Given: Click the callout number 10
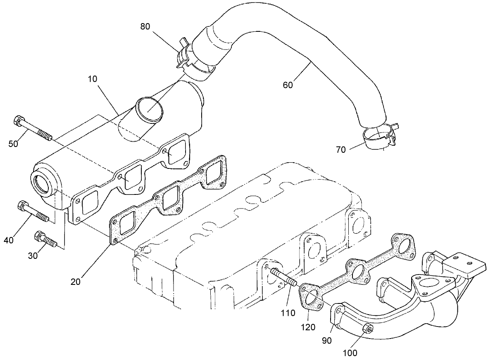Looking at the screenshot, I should pyautogui.click(x=92, y=78).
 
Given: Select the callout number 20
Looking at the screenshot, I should pyautogui.click(x=75, y=282).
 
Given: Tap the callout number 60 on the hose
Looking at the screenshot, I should pyautogui.click(x=288, y=85).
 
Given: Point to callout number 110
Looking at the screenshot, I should pyautogui.click(x=288, y=313).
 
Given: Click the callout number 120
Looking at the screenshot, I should pyautogui.click(x=308, y=327).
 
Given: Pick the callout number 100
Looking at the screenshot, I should pyautogui.click(x=350, y=353).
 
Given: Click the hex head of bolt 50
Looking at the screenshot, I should pyautogui.click(x=17, y=121).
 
